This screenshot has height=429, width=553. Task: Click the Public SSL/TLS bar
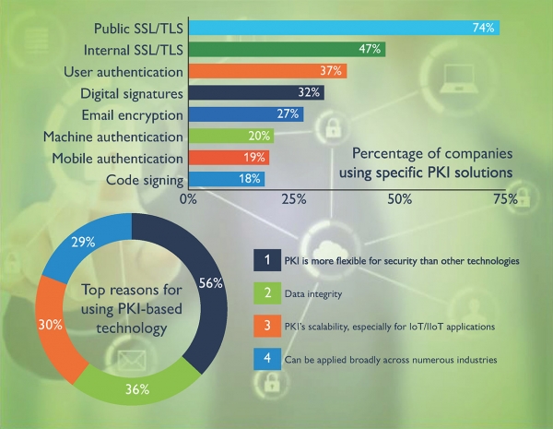point(343,27)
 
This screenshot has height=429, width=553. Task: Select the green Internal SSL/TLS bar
point(286,49)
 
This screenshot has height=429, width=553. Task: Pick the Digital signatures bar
point(255,92)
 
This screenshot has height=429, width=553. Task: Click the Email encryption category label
point(132,114)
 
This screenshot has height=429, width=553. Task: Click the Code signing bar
point(226,179)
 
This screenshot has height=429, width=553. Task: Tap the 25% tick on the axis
point(293,199)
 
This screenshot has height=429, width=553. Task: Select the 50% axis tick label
point(399,199)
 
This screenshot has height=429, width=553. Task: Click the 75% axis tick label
point(504,199)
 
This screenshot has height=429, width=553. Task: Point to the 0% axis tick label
point(189,199)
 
